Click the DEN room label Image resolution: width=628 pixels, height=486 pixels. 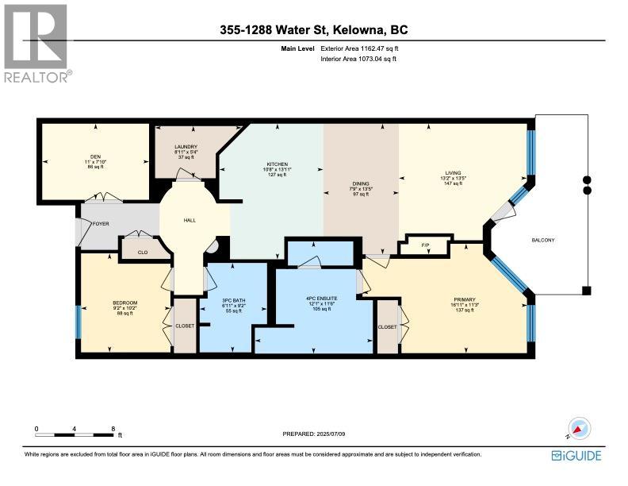point(96,156)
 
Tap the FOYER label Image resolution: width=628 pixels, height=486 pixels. point(100,223)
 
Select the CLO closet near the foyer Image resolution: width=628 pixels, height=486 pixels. point(143,252)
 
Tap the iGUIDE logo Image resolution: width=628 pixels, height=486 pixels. point(576,455)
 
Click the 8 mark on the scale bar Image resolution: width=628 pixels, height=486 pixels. point(113,428)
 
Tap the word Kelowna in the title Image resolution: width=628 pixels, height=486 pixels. point(360,30)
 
